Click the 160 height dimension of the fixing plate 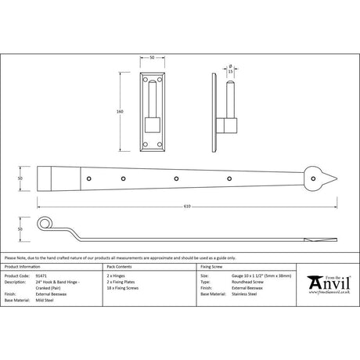point(120,112)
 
